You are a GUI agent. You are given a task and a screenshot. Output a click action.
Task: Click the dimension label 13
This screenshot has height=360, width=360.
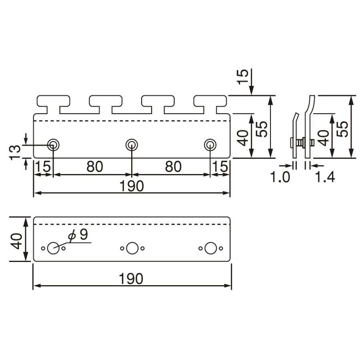15,152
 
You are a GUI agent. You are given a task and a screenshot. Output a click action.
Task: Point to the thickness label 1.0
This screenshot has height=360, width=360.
280,177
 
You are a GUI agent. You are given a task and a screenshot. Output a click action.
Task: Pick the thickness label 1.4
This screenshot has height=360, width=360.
325,177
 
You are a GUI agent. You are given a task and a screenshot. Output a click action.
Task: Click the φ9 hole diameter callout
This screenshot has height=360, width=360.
78,235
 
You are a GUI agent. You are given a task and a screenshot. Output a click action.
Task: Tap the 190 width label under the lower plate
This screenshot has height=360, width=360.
132,278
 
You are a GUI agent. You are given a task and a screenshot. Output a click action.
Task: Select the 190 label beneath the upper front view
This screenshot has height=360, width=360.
132,186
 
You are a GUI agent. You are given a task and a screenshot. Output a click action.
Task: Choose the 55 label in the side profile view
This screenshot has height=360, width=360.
342,129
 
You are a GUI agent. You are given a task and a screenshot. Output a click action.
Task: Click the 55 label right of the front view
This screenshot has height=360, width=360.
262,129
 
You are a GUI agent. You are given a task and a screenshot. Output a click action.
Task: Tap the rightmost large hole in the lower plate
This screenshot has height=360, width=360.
210,248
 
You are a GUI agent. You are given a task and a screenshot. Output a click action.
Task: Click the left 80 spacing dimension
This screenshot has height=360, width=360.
94,167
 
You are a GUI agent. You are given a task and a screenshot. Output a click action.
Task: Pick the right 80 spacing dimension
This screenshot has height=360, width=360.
173,167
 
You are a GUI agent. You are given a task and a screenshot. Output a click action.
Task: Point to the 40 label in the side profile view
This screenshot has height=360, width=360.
324,138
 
